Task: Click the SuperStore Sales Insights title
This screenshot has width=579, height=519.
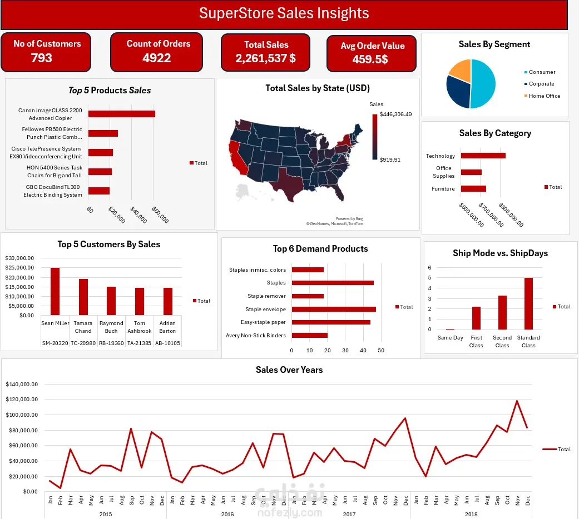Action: coord(284,13)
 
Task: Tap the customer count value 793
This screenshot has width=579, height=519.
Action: coord(42,58)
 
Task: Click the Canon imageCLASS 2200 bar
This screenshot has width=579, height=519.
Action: coord(121,114)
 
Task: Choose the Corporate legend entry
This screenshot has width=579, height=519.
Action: coord(541,84)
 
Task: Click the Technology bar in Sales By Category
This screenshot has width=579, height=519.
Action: coord(483,156)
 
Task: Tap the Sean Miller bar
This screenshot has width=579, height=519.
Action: coord(55,291)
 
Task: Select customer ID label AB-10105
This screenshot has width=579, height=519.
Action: coord(167,343)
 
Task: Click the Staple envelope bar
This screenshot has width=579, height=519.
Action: coord(334,309)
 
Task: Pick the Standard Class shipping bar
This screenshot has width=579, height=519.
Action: coord(528,303)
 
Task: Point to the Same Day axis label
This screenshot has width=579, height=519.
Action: coord(450,338)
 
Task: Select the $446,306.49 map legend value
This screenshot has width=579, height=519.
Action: coord(395,114)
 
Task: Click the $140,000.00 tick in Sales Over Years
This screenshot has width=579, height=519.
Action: coord(21,384)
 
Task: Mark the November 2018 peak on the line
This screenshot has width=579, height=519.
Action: coord(517,401)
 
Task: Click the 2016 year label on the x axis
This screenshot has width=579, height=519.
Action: coord(227,514)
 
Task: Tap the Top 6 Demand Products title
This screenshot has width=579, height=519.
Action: coord(320,249)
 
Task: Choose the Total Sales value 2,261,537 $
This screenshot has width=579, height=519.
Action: coord(266,58)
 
